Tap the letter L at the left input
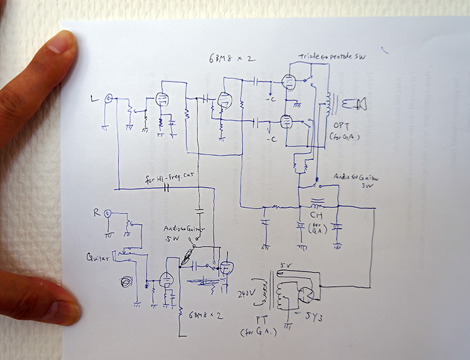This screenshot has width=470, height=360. [95, 98]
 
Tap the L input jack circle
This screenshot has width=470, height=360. [109, 98]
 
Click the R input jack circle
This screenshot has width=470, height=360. [108, 213]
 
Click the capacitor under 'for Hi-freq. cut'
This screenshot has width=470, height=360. [167, 187]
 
